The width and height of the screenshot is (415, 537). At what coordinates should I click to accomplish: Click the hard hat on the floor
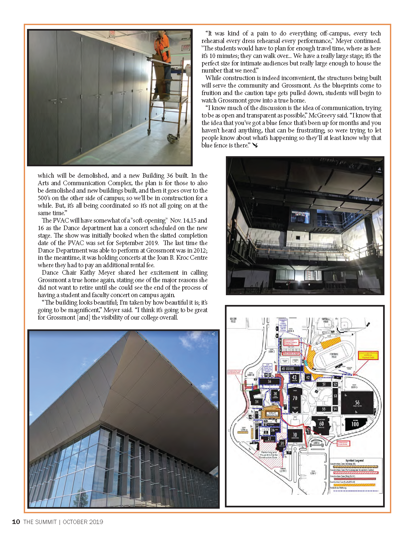click(x=172, y=138)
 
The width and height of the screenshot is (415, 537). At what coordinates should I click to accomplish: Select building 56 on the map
click(x=357, y=403)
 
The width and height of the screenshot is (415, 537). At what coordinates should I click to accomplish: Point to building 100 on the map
click(x=355, y=424)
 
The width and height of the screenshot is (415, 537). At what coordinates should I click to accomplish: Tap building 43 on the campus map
click(x=294, y=378)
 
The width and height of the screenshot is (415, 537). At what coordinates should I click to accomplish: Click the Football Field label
click(x=334, y=355)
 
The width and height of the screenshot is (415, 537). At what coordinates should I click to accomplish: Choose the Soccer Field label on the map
click(x=233, y=320)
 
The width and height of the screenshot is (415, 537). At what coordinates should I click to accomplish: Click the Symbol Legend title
click(x=354, y=461)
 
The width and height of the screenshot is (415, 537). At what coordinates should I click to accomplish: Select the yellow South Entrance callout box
click(x=368, y=355)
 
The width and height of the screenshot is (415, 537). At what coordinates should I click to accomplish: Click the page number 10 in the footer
click(x=16, y=522)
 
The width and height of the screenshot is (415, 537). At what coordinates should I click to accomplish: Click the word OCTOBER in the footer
click(x=75, y=522)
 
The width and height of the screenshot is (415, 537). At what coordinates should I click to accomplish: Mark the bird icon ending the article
click(x=255, y=145)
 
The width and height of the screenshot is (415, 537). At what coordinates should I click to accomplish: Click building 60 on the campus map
click(x=321, y=424)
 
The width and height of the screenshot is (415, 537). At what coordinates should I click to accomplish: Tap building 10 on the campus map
click(x=295, y=435)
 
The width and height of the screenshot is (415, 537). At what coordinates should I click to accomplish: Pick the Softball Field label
click(x=326, y=320)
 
